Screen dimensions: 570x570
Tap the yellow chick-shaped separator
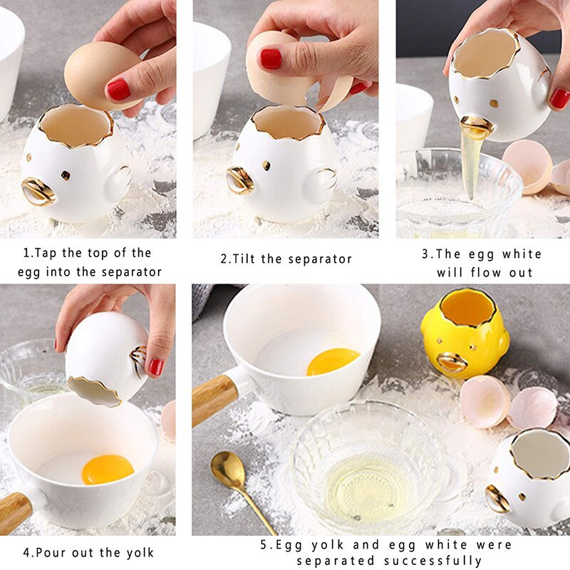pos(465,333)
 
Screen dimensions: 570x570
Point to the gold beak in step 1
pos(38,191)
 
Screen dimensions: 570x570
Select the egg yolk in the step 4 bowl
pos(108,470)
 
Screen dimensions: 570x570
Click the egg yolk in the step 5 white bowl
pos(333,362)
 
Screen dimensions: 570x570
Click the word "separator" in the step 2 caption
pos(320,259)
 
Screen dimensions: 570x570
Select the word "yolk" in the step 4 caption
pos(140,553)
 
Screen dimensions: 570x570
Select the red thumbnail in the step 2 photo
pos(271,58)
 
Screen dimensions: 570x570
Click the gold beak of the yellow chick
pos(452,362)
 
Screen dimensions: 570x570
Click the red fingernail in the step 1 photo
pos(118,90)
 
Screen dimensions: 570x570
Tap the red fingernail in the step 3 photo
pos(560,99)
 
